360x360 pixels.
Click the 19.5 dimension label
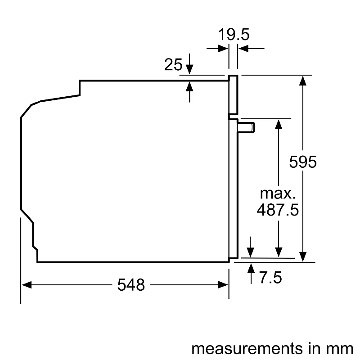point(234,35)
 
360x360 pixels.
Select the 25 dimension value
point(173,65)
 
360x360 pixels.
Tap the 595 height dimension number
point(303,162)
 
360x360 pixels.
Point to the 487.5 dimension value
point(278,210)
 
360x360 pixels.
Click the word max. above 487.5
point(278,194)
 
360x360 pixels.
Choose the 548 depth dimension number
point(131,284)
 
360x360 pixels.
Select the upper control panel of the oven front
point(233,94)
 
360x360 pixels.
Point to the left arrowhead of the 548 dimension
point(27,284)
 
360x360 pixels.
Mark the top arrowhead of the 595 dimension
point(303,81)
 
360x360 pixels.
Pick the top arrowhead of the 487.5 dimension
point(279,124)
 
